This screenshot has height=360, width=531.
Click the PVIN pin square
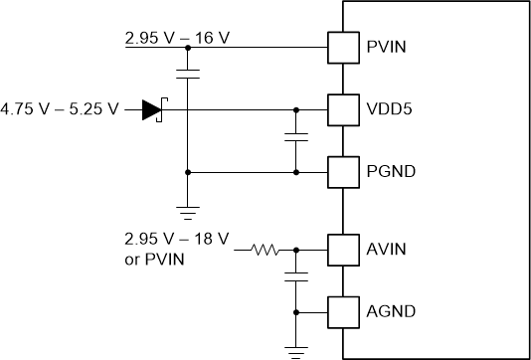(x=343, y=46)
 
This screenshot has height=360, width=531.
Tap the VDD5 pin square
(x=343, y=109)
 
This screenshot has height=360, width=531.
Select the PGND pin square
(x=343, y=172)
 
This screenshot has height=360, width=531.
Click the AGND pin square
(x=343, y=312)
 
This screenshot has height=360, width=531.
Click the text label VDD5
(x=389, y=109)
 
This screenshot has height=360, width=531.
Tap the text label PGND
(x=390, y=172)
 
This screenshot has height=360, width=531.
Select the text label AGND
(x=390, y=312)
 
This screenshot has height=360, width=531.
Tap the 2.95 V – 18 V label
(x=177, y=240)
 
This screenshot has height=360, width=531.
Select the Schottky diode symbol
(x=152, y=109)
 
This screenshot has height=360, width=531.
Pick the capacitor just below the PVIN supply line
(x=186, y=72)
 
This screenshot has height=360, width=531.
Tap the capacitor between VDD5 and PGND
(x=295, y=138)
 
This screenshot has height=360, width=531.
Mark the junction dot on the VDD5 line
(x=295, y=109)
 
